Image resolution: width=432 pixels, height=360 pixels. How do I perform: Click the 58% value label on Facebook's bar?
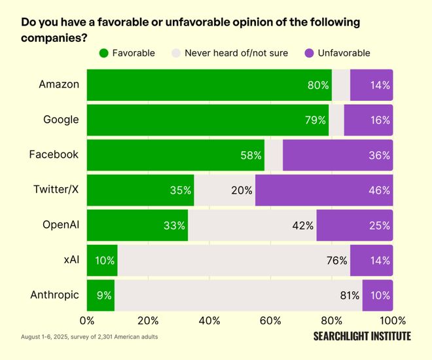click(251, 156)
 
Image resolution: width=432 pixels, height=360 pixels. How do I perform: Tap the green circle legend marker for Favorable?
click(103, 53)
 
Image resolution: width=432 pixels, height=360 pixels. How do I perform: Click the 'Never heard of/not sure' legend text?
click(237, 53)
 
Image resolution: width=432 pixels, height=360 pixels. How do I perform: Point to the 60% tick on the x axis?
click(270, 321)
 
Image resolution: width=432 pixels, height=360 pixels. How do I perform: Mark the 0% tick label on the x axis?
click(86, 321)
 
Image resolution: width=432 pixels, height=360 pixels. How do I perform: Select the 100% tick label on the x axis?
click(393, 321)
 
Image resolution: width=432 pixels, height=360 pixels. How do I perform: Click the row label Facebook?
click(54, 155)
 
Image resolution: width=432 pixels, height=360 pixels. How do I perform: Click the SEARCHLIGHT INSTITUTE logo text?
click(362, 336)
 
